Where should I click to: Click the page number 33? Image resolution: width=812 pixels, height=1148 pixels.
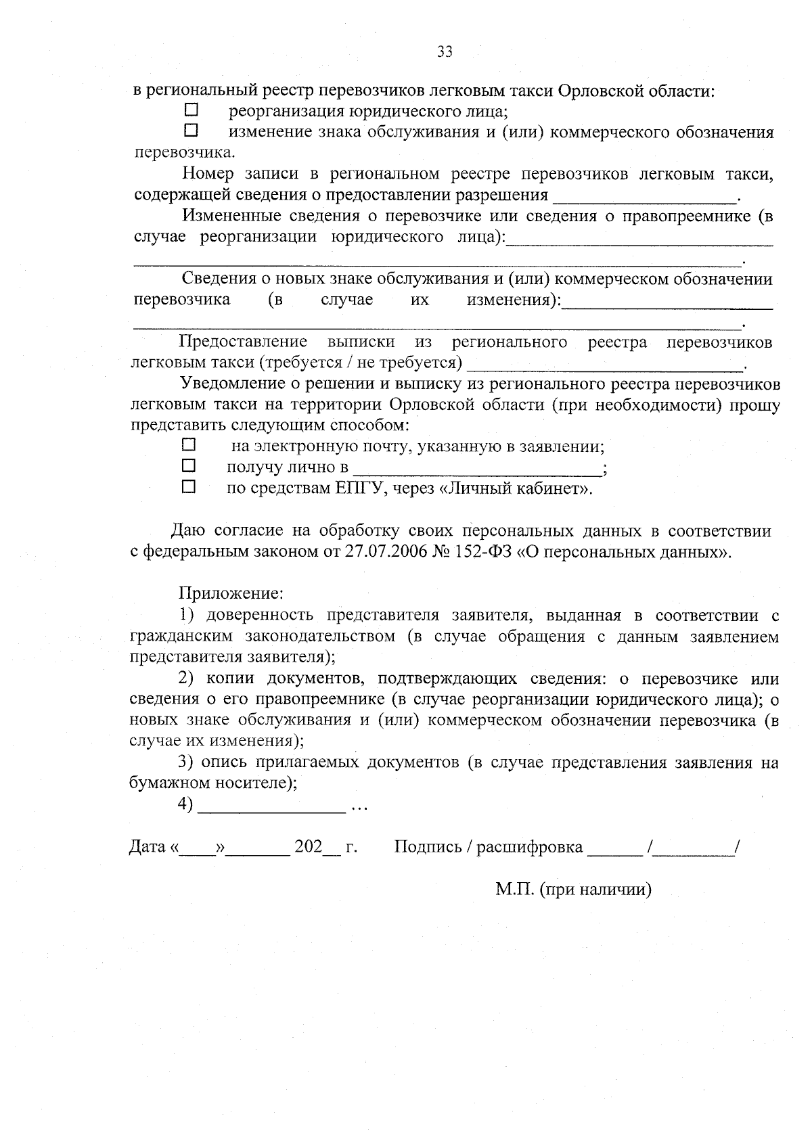[x=445, y=52]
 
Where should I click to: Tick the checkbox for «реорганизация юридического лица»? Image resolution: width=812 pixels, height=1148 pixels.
[x=191, y=109]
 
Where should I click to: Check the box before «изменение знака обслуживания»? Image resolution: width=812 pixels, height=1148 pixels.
[x=191, y=130]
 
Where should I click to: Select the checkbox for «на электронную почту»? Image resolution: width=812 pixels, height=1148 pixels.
[x=189, y=444]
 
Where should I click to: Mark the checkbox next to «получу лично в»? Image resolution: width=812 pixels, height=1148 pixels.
[x=189, y=465]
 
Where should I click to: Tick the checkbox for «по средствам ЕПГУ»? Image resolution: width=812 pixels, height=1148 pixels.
[x=189, y=486]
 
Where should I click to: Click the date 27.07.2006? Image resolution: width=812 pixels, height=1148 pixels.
[x=382, y=551]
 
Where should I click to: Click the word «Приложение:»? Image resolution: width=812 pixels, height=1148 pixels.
[x=230, y=594]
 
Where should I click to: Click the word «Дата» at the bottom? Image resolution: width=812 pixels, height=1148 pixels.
[x=148, y=846]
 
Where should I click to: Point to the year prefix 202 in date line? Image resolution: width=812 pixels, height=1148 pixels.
[x=308, y=846]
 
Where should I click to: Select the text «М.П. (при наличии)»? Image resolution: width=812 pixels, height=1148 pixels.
[x=573, y=890]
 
